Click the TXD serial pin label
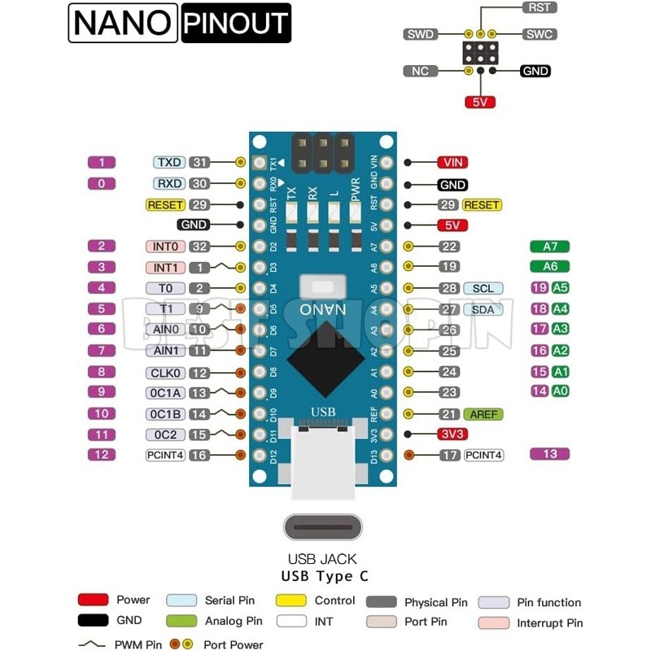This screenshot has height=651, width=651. point(169,163)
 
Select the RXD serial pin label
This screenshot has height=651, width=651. point(169,184)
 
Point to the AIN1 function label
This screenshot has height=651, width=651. point(166,351)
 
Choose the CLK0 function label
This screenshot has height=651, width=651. point(166,373)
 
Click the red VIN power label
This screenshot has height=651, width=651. point(452,163)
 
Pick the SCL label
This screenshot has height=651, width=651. point(483,288)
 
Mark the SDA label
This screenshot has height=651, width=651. point(483,309)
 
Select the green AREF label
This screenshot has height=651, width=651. point(483,414)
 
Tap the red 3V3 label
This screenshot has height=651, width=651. point(452,435)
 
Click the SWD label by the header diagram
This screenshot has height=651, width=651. point(420,34)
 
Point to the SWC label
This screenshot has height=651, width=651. point(538,34)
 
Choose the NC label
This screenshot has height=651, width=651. point(420,71)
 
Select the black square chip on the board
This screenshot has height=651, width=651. point(322,357)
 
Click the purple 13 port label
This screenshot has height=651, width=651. point(549,454)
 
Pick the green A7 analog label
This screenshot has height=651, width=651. point(549,247)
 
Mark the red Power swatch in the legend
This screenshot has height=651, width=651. point(93,600)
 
